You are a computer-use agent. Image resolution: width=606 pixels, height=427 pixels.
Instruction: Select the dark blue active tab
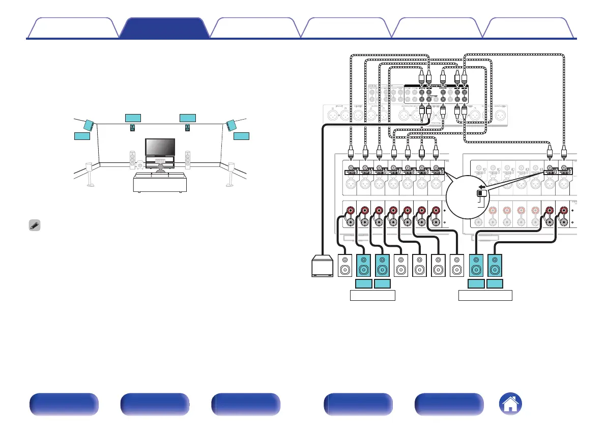point(165,28)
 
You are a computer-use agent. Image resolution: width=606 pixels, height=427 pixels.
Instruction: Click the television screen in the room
point(160,147)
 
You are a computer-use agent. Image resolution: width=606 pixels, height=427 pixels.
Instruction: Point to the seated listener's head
point(161,166)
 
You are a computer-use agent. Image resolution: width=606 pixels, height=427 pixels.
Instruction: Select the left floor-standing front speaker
point(133,160)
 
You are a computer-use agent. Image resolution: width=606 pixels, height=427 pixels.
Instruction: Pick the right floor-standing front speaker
point(188,160)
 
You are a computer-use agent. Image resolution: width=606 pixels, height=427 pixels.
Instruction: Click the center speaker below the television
point(160,159)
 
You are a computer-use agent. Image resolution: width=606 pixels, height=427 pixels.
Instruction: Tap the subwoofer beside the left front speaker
point(141,164)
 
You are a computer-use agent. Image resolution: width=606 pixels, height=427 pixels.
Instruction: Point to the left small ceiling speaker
point(133,128)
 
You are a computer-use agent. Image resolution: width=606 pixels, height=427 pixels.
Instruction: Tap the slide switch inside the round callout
point(480,194)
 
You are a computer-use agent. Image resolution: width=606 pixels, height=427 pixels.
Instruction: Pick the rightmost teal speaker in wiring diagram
point(495,266)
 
